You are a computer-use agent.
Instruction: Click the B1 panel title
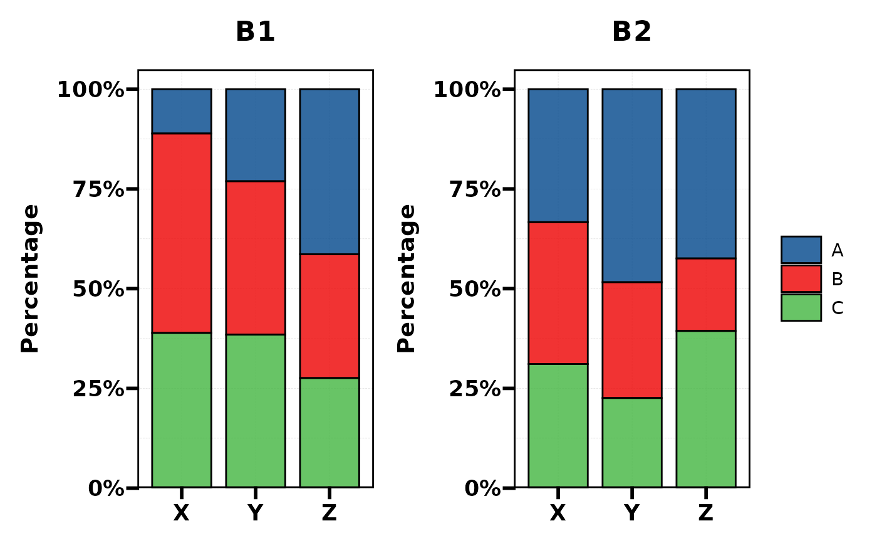point(255,32)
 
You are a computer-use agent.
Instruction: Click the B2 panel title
point(631,32)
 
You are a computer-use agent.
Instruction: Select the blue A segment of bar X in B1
point(182,111)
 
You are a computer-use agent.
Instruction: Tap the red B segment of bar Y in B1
point(256,258)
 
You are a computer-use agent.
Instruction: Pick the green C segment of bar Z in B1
point(330,432)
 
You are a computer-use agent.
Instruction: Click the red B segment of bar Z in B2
point(706,294)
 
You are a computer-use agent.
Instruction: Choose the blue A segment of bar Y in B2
point(632,186)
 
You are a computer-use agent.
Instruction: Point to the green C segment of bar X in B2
point(558,425)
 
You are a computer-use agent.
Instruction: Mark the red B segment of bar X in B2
point(558,293)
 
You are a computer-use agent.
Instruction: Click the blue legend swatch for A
point(801,250)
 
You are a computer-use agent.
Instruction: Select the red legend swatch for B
point(801,278)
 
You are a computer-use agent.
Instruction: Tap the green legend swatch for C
point(801,307)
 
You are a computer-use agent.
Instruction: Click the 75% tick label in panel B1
point(99,189)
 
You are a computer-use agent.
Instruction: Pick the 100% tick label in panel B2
point(467,90)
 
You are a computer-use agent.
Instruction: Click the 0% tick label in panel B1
point(106,488)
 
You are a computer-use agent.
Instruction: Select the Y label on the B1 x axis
point(255,514)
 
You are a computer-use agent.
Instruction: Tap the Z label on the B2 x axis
point(706,514)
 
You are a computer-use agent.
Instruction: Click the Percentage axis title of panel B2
point(407,278)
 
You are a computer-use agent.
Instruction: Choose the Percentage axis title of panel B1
point(31,278)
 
